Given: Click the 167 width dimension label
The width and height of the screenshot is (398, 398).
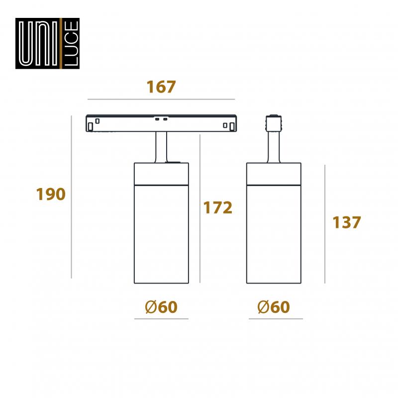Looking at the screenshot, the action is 161,87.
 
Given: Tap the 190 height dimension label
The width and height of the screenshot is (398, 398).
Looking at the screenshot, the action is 51,194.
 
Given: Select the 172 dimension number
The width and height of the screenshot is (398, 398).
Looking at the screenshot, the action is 218,207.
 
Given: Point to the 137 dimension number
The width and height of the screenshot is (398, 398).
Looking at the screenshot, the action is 347,222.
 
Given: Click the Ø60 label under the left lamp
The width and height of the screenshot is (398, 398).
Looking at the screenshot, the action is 161,307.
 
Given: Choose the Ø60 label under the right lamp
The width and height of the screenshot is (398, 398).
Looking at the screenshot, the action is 274,307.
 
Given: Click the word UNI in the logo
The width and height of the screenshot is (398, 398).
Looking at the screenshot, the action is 39,43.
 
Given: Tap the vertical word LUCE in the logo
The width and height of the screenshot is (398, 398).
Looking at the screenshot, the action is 71,43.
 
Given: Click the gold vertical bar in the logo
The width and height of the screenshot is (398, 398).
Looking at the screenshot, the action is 61,43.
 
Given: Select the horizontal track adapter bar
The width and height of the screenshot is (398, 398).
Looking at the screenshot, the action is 161,123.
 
